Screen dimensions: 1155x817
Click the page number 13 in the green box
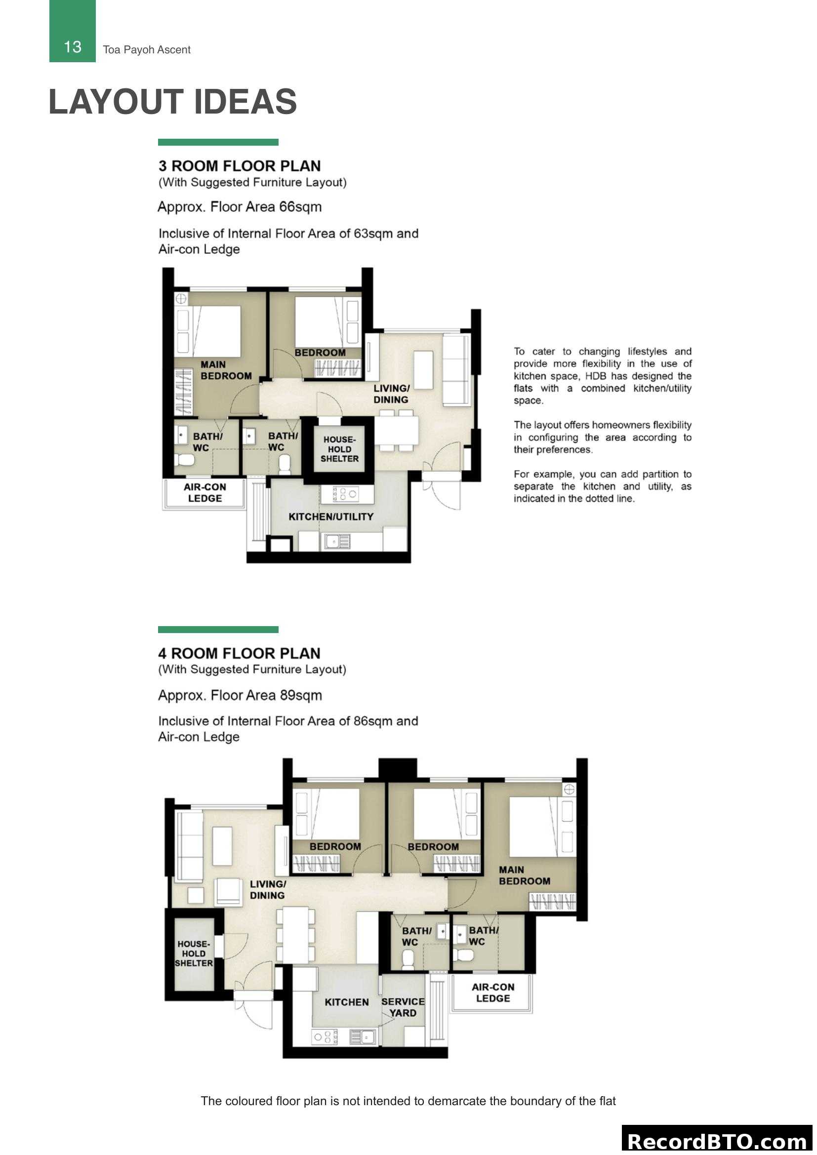click(73, 47)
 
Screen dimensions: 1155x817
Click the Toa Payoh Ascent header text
click(146, 50)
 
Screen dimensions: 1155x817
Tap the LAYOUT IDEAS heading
click(172, 102)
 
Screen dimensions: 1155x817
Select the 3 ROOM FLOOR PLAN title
click(240, 166)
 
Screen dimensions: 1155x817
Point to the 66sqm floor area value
click(300, 207)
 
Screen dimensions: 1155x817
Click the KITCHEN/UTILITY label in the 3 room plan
click(330, 517)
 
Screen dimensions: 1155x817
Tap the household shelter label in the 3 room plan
click(339, 449)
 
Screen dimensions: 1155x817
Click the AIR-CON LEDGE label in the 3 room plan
click(205, 492)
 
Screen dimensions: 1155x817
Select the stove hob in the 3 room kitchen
click(346, 494)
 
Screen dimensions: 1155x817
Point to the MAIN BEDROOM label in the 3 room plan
click(225, 370)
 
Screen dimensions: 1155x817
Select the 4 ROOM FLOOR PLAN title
click(239, 653)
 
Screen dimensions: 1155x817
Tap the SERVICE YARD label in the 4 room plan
click(403, 1007)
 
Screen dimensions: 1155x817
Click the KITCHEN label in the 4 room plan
click(346, 1002)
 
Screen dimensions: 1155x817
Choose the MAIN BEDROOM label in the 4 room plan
click(524, 876)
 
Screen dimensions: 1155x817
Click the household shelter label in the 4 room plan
click(194, 953)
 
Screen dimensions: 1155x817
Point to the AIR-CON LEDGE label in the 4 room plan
click(492, 993)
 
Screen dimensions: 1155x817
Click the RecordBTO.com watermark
click(717, 1141)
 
